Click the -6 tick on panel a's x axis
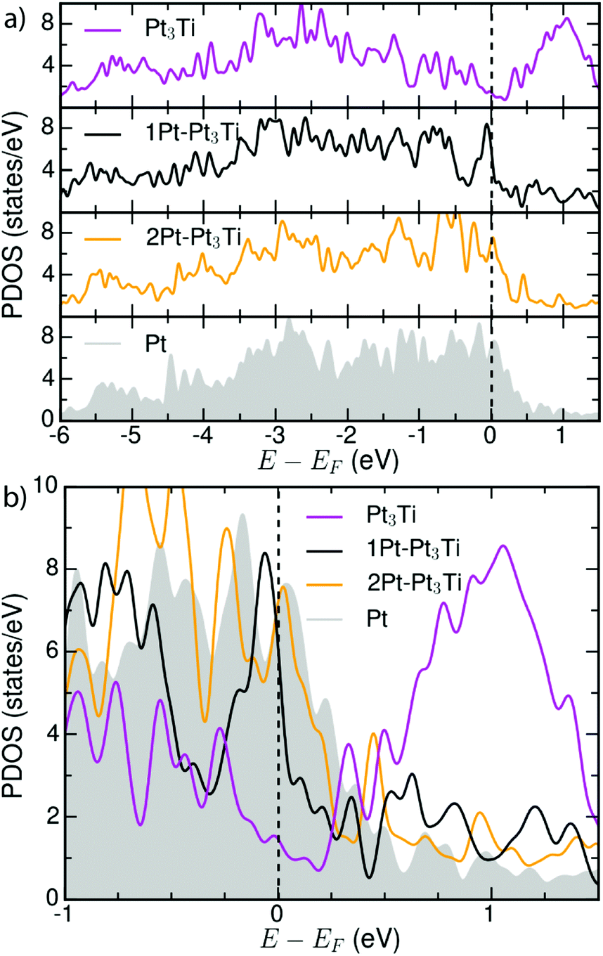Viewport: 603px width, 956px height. (x=62, y=430)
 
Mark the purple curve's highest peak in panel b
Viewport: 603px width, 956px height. (x=503, y=545)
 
